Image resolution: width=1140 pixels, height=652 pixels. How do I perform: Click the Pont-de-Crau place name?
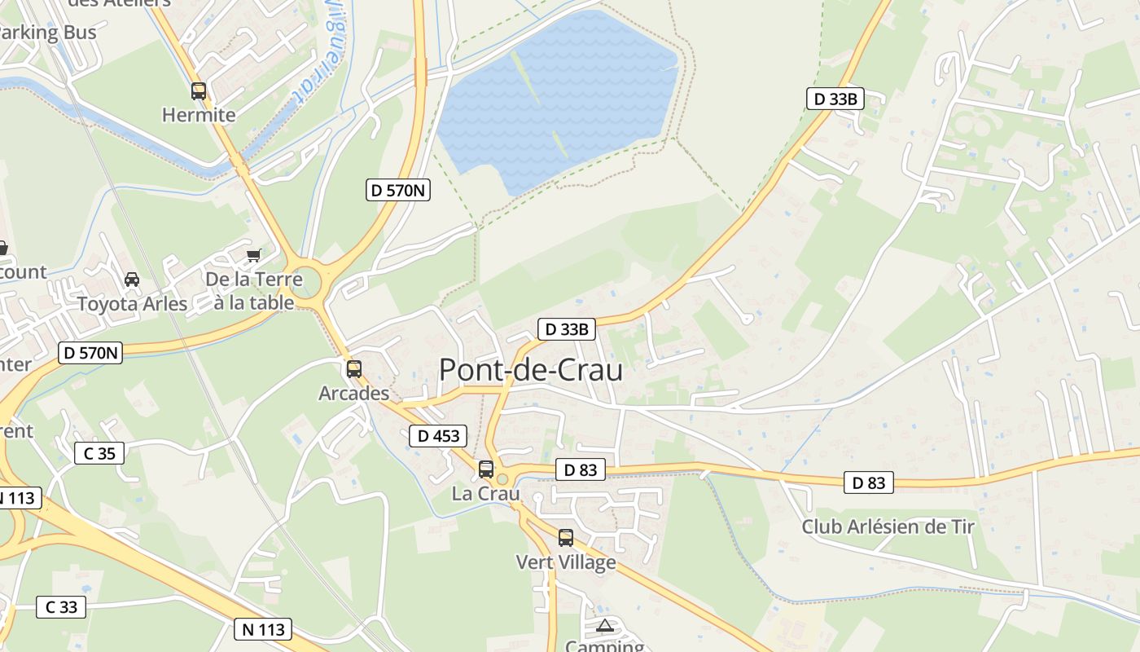[x=531, y=370]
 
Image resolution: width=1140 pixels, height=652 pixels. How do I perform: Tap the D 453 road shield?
[x=439, y=436]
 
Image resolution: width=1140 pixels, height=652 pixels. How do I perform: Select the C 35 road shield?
[x=99, y=453]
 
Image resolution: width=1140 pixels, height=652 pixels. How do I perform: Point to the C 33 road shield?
[x=61, y=606]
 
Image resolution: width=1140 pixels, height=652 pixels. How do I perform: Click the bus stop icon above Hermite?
[x=199, y=90]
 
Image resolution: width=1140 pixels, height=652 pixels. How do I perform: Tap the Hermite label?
[x=199, y=115]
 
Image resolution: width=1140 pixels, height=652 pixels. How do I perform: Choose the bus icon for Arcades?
[x=353, y=368]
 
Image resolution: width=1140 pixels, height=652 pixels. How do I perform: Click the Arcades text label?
[x=353, y=394]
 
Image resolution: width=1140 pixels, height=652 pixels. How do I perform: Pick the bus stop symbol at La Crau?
[x=486, y=469]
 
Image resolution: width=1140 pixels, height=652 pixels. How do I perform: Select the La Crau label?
[x=485, y=494]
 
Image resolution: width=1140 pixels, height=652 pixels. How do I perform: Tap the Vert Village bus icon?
[x=566, y=537]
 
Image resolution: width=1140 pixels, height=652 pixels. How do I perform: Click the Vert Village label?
[x=566, y=562]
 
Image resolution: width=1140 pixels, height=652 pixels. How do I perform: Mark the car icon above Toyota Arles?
[x=132, y=280]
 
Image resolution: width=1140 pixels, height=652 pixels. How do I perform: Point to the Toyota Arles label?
[x=132, y=304]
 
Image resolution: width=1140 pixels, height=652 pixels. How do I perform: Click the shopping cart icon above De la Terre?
[x=254, y=255]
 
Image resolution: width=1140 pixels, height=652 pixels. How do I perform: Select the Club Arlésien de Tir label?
[x=888, y=526]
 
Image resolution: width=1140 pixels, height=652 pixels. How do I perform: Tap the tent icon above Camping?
[x=604, y=626]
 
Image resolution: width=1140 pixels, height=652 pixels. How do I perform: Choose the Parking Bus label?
[x=47, y=33]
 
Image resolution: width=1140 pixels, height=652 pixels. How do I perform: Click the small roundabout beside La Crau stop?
[x=502, y=479]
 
